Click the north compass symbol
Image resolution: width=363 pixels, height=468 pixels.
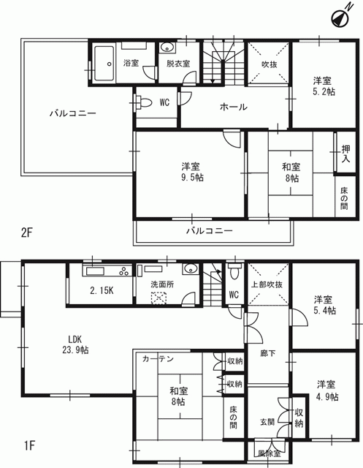341,17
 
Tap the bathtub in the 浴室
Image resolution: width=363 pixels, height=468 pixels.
104,64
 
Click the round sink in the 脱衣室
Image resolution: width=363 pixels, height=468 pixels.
167,48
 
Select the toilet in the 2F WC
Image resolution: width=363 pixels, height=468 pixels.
143,102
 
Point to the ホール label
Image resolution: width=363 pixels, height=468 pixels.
234,107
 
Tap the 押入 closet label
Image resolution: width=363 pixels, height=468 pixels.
345,154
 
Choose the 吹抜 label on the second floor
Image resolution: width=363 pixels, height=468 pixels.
270,64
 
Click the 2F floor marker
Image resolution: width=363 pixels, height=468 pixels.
26,233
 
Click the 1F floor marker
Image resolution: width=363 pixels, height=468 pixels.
29,446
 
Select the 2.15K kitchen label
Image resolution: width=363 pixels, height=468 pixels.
102,291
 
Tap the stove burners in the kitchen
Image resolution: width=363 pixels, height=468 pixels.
125,271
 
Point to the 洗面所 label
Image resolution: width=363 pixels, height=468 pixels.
162,284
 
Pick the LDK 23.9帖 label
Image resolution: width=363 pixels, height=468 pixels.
75,344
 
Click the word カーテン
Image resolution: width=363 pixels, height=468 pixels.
158,358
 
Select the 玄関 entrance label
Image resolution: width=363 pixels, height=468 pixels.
267,423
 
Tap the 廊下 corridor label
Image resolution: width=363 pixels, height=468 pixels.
267,353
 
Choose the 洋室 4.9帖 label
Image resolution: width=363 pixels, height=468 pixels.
327,390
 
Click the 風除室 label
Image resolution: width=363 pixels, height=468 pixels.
270,453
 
